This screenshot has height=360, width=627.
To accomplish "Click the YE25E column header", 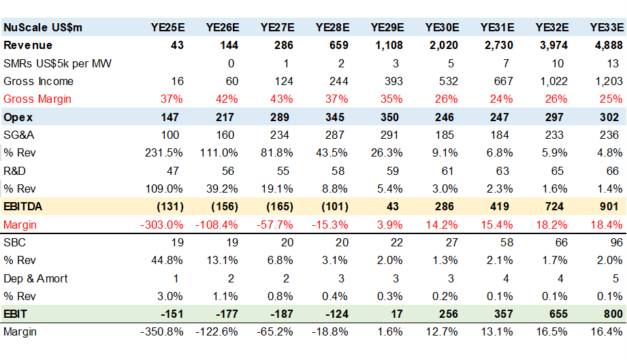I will (167, 28).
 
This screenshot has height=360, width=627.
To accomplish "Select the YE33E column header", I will (606, 28).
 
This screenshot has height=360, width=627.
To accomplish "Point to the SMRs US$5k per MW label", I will (58, 63).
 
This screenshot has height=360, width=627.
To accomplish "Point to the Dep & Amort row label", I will (35, 278).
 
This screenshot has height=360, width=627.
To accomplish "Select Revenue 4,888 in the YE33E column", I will (607, 46).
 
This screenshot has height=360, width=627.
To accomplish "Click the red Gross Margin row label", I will (37, 99).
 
